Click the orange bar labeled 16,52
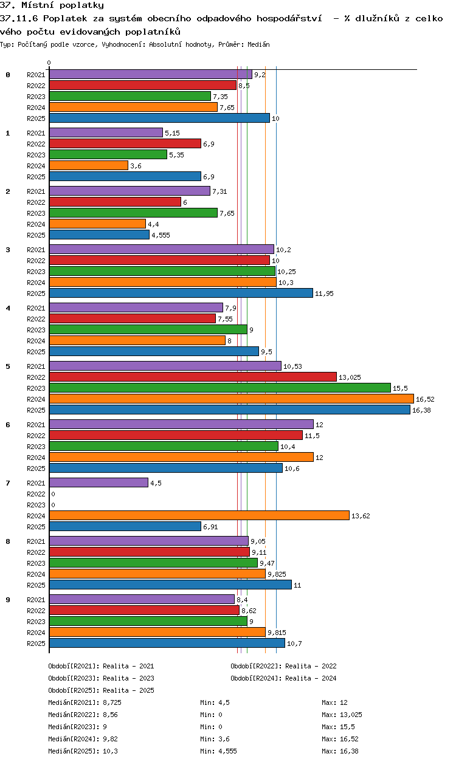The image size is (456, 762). pyautogui.click(x=232, y=399)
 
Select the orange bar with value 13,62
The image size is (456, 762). pyautogui.click(x=199, y=515)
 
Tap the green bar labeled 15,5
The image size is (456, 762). pyautogui.click(x=220, y=388)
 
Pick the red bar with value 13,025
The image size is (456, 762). pyautogui.click(x=193, y=377)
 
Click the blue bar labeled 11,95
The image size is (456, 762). pyautogui.click(x=181, y=293)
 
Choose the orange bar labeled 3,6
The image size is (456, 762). pyautogui.click(x=89, y=165)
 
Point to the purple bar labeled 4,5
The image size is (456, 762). pyautogui.click(x=98, y=482)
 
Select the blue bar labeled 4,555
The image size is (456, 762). pyautogui.click(x=99, y=235)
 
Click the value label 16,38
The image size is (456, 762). pyautogui.click(x=421, y=410)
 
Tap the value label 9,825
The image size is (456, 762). pyautogui.click(x=277, y=574)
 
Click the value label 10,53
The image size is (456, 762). pyautogui.click(x=292, y=366)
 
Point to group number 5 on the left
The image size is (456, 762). pyautogui.click(x=8, y=366)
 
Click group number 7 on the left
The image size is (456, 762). pyautogui.click(x=8, y=483)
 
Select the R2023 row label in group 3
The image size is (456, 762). pyautogui.click(x=36, y=272)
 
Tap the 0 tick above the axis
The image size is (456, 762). pyautogui.click(x=49, y=63)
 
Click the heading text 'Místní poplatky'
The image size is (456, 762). pyautogui.click(x=63, y=5)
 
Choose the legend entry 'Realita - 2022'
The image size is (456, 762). pyautogui.click(x=311, y=666)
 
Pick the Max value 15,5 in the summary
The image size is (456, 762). pyautogui.click(x=347, y=727)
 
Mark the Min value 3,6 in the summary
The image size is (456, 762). pyautogui.click(x=224, y=739)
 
